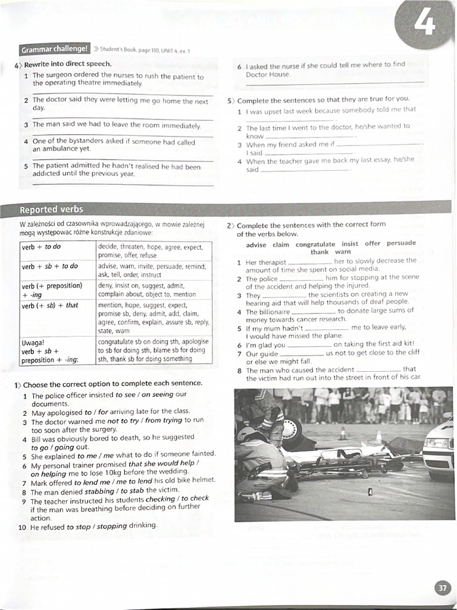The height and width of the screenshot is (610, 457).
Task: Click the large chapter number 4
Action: [426, 24]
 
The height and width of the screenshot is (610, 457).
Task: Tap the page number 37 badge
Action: [442, 587]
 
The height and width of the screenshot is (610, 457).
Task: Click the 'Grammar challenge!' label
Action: [54, 49]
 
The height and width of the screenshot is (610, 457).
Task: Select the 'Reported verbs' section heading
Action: [52, 210]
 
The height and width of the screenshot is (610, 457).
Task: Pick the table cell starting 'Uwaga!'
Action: [57, 351]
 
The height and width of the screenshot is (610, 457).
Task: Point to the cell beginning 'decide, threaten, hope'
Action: [154, 251]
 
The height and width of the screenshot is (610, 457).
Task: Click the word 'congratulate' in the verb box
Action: [315, 244]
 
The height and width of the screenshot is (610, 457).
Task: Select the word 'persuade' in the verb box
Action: [401, 243]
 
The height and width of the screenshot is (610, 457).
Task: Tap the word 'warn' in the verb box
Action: [343, 252]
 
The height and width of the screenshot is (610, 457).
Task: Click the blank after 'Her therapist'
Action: [308, 262]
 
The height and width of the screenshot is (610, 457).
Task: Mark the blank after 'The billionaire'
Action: [314, 312]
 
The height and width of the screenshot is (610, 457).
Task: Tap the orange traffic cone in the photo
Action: [343, 433]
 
